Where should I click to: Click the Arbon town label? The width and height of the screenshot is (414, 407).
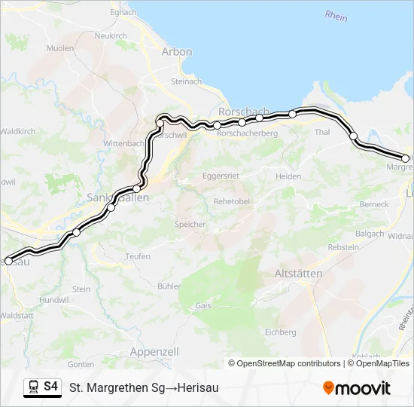(x=177, y=52)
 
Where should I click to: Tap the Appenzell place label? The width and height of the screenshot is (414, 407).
(x=154, y=352)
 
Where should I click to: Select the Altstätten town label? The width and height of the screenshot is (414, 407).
(x=299, y=273)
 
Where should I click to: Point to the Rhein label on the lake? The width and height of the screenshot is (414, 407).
(x=336, y=15)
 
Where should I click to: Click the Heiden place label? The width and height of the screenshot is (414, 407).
(x=288, y=176)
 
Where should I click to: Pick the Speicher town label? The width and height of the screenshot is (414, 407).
(x=190, y=224)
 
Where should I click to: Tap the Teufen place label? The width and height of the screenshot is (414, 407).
(x=138, y=256)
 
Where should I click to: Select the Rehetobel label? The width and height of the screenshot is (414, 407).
(x=232, y=201)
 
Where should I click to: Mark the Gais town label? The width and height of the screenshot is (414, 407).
(x=202, y=306)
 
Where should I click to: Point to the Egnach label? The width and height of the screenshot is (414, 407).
(x=123, y=13)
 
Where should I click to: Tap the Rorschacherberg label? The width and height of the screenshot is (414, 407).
(x=247, y=133)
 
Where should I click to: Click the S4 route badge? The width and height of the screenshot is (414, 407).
(x=50, y=387)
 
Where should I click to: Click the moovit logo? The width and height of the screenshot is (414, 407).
(x=357, y=388)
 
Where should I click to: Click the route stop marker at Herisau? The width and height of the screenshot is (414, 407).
(x=8, y=262)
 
